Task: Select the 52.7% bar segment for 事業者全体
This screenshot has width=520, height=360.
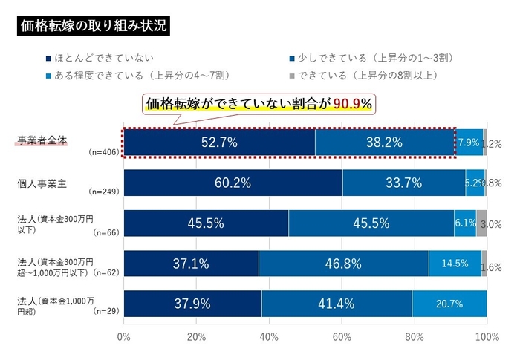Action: click(x=219, y=143)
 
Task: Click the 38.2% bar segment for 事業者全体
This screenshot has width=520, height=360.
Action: click(x=385, y=143)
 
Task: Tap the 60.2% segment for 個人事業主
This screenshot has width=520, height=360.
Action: click(x=233, y=183)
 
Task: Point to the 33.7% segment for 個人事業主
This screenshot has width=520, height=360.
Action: click(x=403, y=183)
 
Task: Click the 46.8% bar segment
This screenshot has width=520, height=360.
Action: click(x=343, y=264)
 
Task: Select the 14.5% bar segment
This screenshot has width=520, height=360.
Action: click(x=455, y=264)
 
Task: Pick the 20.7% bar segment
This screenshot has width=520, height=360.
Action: click(x=449, y=304)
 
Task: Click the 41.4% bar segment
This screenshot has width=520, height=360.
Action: click(x=337, y=304)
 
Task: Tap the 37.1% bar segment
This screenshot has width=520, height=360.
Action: click(x=191, y=264)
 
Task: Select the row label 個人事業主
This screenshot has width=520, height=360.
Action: click(x=42, y=183)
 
